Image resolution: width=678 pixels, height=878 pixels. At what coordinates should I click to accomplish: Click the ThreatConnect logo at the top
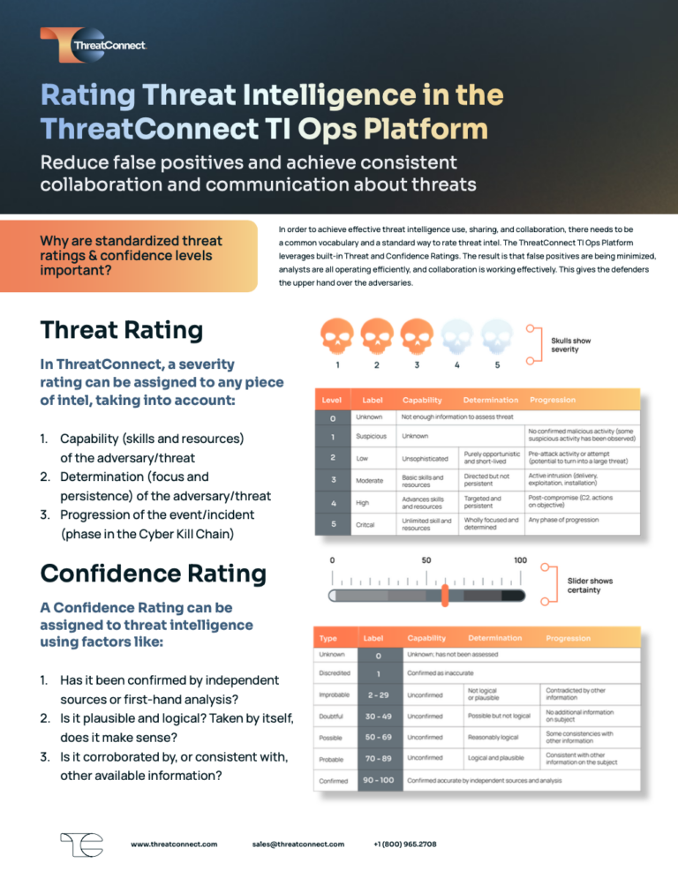[x=93, y=44]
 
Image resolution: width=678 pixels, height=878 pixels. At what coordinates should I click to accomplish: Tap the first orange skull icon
[x=335, y=335]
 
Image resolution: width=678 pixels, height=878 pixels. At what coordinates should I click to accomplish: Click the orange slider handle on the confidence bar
[x=445, y=595]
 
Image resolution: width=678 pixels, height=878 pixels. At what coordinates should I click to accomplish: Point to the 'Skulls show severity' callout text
[x=570, y=345]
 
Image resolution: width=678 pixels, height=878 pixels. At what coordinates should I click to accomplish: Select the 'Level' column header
[x=332, y=400]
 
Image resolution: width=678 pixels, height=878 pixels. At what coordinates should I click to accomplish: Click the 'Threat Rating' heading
[x=121, y=330]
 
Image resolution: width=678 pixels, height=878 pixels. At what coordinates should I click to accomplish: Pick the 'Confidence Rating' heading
[x=153, y=574]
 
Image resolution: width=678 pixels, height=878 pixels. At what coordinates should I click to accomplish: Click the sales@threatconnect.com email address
[x=298, y=844]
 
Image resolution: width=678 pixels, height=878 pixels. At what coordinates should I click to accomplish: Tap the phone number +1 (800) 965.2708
[x=405, y=844]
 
